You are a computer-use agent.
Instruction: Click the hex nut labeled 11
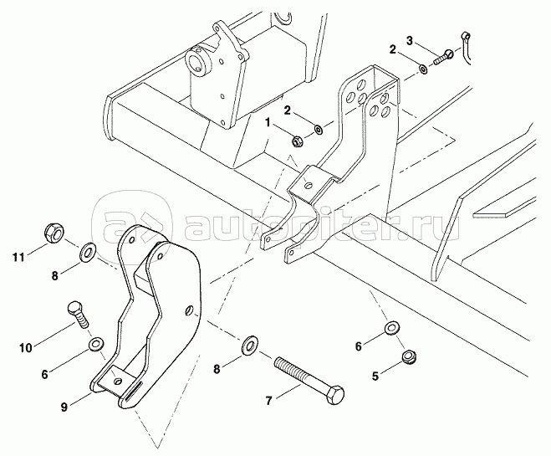(x=54, y=232)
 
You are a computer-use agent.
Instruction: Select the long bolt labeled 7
(x=309, y=381)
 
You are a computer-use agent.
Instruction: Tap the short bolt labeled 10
(x=78, y=315)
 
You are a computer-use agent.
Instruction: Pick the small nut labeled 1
(x=298, y=141)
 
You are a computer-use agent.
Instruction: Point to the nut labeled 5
(x=409, y=357)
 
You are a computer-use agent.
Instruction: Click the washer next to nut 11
(x=86, y=251)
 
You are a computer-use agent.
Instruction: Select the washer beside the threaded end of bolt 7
(x=250, y=346)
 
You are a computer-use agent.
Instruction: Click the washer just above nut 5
(x=391, y=328)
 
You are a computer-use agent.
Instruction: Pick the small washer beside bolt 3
(x=423, y=69)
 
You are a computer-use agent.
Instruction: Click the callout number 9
(x=64, y=407)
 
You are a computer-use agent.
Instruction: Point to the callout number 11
(x=19, y=258)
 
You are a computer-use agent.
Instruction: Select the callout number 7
(x=268, y=401)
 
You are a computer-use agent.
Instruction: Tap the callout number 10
(x=26, y=348)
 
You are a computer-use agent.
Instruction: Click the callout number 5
(x=375, y=377)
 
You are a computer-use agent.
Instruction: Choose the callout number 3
(x=410, y=40)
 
